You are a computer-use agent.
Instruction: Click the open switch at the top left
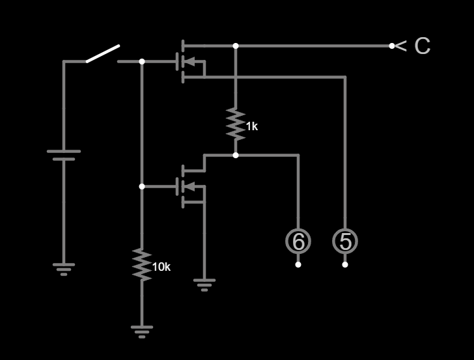pyautogui.click(x=103, y=54)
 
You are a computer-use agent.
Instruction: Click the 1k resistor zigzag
pyautogui.click(x=236, y=124)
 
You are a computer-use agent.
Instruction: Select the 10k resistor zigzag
pyautogui.click(x=142, y=264)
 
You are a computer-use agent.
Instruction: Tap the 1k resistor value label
pyautogui.click(x=252, y=126)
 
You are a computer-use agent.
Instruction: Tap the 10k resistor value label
pyautogui.click(x=161, y=267)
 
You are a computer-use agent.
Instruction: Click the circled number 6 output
pyautogui.click(x=298, y=241)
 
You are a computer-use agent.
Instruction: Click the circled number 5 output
pyautogui.click(x=345, y=241)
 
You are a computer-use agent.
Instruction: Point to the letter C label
pyautogui.click(x=422, y=46)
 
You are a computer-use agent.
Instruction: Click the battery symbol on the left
pyautogui.click(x=64, y=155)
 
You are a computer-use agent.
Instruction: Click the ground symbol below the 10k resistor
pyautogui.click(x=142, y=331)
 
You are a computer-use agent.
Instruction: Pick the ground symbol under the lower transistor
pyautogui.click(x=204, y=284)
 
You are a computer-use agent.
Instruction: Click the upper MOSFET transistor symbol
pyautogui.click(x=190, y=62)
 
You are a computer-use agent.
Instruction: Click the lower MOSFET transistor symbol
pyautogui.click(x=190, y=187)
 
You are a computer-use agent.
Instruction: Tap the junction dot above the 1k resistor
pyautogui.click(x=236, y=46)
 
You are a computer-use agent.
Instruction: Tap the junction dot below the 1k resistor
pyautogui.click(x=236, y=155)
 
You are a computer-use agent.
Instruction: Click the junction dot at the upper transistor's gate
pyautogui.click(x=142, y=62)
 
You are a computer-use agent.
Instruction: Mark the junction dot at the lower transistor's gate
pyautogui.click(x=142, y=187)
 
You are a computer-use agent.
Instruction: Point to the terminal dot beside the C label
pyautogui.click(x=392, y=46)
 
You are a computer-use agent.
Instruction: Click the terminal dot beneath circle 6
pyautogui.click(x=298, y=264)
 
